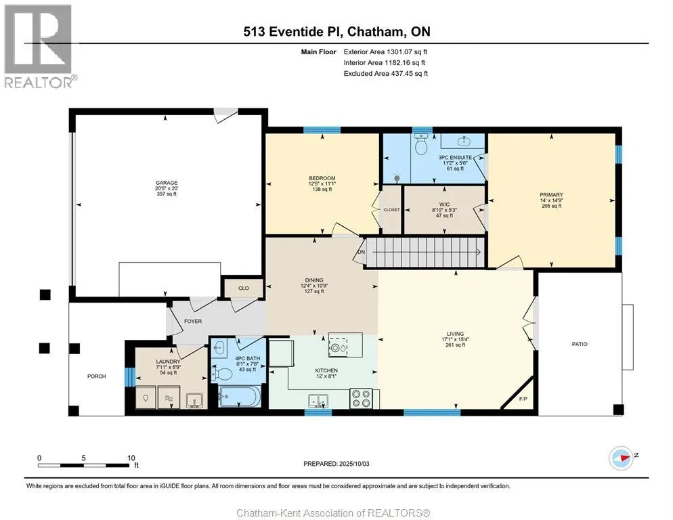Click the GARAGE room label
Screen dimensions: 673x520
167,183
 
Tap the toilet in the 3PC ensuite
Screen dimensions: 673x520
422,145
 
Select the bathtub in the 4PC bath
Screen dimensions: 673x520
239,396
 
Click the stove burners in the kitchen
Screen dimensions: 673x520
362,398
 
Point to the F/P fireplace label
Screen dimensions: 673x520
523,399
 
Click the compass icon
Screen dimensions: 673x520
621,458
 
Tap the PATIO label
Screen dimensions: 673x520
580,344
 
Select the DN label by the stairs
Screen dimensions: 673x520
362,252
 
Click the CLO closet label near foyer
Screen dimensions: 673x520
243,288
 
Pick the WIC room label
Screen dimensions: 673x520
444,204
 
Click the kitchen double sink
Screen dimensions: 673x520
318,401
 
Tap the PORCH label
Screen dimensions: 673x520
97,376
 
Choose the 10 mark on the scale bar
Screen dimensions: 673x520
131,458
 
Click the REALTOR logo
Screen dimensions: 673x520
38,46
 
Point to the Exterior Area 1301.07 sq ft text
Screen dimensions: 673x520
385,52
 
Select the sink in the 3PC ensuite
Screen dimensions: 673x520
463,141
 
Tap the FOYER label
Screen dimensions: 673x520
193,321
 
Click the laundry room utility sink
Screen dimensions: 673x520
196,400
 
